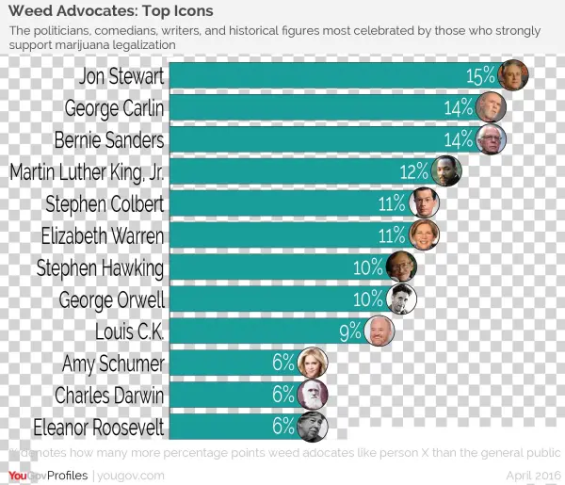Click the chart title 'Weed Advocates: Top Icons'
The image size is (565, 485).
pos(110,11)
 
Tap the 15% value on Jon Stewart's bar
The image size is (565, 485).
pos(481,76)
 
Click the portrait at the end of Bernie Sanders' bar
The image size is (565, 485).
pos(491,140)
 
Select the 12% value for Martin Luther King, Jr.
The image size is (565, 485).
pos(414,172)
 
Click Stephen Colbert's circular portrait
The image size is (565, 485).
pos(425,203)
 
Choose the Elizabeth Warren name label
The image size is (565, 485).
pos(103,235)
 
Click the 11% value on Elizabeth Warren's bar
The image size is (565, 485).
pos(392,235)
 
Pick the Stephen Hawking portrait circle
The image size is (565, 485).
pos(401,267)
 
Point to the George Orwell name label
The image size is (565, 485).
pos(111,300)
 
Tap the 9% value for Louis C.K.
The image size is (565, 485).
pos(350,331)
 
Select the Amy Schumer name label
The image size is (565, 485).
pos(113,364)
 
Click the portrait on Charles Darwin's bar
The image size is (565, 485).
pos(313,395)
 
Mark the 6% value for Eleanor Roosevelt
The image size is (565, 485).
pos(283,427)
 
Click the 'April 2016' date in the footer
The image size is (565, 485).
pos(533,476)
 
